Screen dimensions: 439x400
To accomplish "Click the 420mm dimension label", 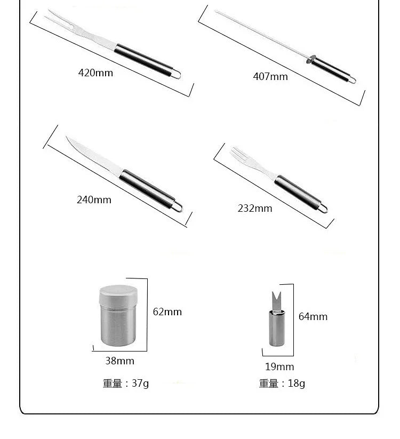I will (95, 73).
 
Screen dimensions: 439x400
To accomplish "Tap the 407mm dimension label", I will (270, 77).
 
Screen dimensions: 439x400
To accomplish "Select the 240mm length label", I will (94, 200).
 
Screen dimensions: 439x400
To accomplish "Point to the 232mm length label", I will (254, 209).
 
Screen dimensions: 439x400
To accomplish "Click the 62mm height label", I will (167, 312).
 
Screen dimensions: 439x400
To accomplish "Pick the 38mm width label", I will (119, 361).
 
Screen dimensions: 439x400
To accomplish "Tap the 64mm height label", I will (313, 317).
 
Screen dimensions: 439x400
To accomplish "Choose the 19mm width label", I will (279, 367).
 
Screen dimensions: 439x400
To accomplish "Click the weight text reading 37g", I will (126, 384).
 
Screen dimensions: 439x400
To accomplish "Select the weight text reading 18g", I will (282, 384).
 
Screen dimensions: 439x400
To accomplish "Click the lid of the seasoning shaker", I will (118, 294).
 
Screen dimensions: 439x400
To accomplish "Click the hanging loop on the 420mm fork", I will (176, 74).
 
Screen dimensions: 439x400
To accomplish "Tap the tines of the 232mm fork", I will (239, 156).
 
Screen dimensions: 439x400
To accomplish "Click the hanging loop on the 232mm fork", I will (323, 207).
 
